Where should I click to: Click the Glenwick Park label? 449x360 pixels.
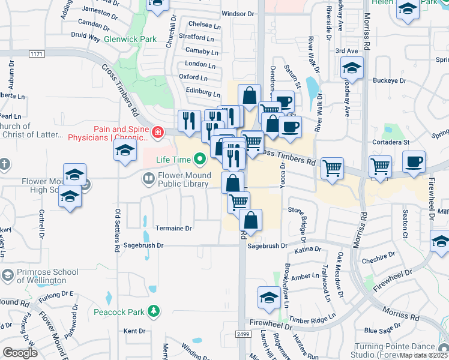pyautogui.click(x=130, y=39)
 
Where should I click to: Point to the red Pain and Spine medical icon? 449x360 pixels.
pyautogui.click(x=157, y=132)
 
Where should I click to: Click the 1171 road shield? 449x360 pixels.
pyautogui.click(x=37, y=54)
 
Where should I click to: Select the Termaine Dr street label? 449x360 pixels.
pyautogui.click(x=173, y=229)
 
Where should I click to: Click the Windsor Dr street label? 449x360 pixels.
pyautogui.click(x=238, y=13)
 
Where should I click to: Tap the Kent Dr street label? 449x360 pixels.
pyautogui.click(x=134, y=331)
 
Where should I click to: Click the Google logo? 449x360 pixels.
pyautogui.click(x=20, y=352)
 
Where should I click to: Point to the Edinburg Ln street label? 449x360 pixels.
pyautogui.click(x=203, y=92)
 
